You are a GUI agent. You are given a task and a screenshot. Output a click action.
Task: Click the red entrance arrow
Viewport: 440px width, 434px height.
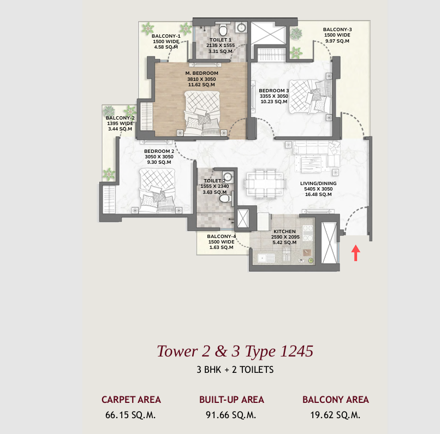point(355,252)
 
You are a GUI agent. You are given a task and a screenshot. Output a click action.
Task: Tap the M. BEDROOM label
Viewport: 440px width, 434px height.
point(201,73)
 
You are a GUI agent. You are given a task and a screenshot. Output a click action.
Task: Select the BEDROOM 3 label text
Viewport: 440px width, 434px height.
point(273,91)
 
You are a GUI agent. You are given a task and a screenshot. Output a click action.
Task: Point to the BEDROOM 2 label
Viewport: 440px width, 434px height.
point(159,151)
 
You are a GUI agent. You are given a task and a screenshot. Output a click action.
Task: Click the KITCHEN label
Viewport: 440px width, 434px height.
point(284,231)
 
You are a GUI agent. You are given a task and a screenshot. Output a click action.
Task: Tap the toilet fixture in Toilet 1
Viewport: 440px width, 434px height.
point(222,29)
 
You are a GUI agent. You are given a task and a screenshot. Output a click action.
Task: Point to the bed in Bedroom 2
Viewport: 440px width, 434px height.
point(158,191)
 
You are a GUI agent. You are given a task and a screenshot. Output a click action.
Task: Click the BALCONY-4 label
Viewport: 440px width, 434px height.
point(221,236)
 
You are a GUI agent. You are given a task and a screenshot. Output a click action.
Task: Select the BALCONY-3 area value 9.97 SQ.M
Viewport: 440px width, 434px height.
point(337,41)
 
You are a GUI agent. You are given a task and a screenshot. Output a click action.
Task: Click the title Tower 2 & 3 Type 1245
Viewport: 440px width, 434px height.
point(235,350)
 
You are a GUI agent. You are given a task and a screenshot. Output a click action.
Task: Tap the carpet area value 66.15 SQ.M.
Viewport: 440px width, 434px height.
point(131,415)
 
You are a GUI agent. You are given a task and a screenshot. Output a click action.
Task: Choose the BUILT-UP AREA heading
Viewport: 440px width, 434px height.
point(231,400)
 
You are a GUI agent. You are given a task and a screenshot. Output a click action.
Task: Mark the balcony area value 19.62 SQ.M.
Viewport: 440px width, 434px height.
point(335,415)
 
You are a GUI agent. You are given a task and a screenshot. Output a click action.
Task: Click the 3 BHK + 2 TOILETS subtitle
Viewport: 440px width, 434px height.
point(235,370)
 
